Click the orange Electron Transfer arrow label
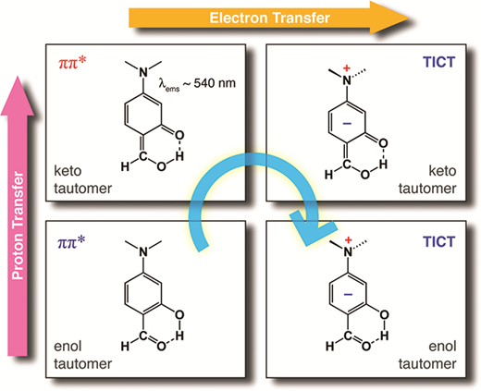[x=269, y=18]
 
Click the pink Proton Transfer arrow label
[x=18, y=226]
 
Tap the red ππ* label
[x=72, y=64]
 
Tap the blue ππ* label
[x=71, y=242]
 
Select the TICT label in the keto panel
[x=439, y=62]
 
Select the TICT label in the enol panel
[x=439, y=241]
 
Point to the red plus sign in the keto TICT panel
[x=347, y=67]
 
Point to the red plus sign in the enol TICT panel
[x=348, y=240]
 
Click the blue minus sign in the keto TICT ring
[x=347, y=124]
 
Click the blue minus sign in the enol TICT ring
[x=348, y=295]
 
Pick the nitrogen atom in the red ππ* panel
[x=143, y=72]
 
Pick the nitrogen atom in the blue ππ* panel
[x=143, y=251]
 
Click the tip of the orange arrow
[x=410, y=18]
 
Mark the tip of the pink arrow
[x=18, y=76]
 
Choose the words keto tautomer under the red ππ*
[x=82, y=179]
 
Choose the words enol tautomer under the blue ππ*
[x=82, y=355]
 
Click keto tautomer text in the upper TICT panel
[x=427, y=179]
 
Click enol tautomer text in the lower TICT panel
[x=427, y=355]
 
